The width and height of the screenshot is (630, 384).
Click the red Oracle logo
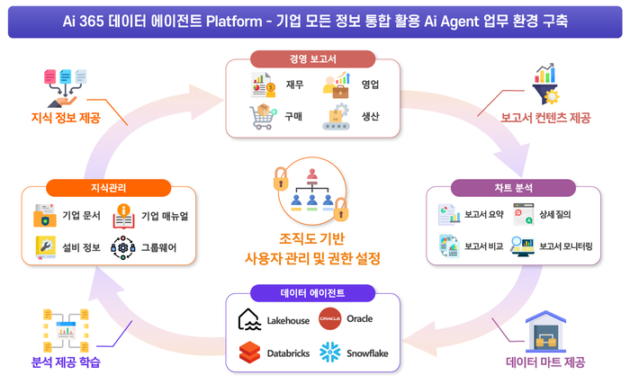(329, 319)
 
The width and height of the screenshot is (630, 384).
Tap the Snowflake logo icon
(329, 353)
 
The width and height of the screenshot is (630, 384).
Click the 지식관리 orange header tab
(107, 189)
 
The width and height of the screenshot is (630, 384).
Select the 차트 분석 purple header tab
(514, 189)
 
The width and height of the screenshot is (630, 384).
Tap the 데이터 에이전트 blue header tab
(311, 292)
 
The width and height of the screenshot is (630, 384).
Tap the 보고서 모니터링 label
(566, 246)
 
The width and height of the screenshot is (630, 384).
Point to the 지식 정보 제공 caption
(66, 119)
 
